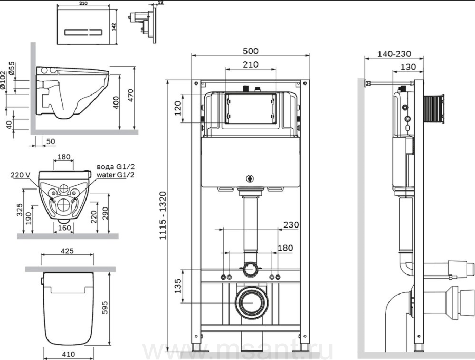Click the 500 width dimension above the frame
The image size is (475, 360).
251,51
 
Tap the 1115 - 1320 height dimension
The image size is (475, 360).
163,215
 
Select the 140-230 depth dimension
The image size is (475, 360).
394,54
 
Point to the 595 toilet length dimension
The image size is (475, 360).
104,308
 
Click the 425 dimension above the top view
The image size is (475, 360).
67,251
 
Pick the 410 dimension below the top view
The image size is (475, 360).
69,354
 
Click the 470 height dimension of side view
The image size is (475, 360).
130,95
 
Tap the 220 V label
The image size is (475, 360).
20,175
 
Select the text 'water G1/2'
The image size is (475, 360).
116,175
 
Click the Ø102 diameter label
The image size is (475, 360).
3,80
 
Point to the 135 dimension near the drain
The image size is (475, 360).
178,286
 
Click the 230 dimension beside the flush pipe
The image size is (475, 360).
291,225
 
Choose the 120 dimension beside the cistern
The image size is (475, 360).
178,108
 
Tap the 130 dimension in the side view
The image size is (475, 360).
408,67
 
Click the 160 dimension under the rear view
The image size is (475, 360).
64,228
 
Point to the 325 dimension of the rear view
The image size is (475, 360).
20,210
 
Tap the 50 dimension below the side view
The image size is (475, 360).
51,141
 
